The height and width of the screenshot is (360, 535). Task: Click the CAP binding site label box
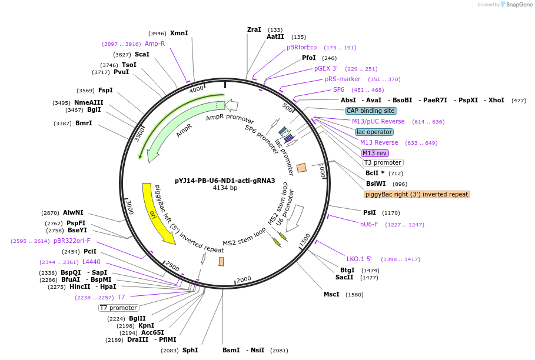[x=371, y=111]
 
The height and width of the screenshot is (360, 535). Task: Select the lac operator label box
[x=374, y=132]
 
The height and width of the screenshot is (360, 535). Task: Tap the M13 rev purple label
[x=375, y=153]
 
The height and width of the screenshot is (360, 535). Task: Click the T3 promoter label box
[x=383, y=162]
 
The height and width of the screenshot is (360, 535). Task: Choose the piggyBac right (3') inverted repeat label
[x=417, y=194]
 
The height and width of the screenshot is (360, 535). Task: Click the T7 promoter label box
[x=118, y=308]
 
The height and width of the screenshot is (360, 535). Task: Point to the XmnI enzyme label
[x=179, y=34]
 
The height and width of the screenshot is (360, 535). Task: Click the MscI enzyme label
[x=331, y=294]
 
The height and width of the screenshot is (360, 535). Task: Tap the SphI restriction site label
[x=190, y=350]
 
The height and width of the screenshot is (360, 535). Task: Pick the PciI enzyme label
[x=90, y=251]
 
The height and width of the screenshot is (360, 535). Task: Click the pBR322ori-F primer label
[x=72, y=241]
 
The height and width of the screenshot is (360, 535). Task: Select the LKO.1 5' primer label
[x=359, y=259]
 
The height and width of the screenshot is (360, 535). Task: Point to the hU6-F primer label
[x=369, y=224]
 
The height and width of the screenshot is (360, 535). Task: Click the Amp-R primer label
[x=155, y=44]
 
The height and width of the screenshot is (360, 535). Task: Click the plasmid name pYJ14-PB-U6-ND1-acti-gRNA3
[x=225, y=181]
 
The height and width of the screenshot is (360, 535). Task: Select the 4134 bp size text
[x=225, y=188]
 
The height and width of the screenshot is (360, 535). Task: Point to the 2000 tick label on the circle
[x=244, y=279]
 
